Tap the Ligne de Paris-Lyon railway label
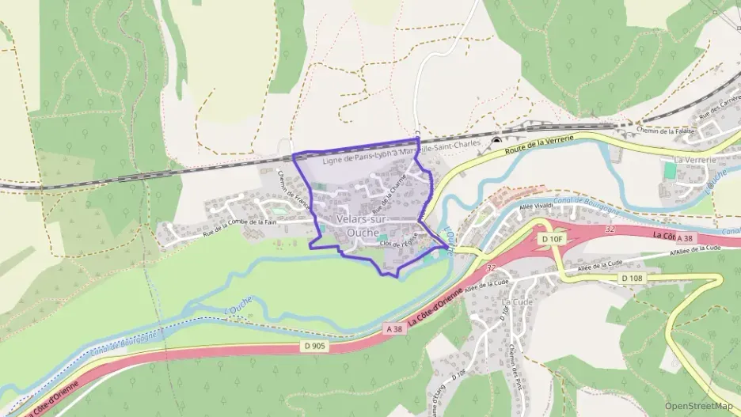402,156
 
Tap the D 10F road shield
552,238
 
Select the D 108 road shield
632,278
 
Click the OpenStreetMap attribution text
698,406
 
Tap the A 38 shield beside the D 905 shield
396,328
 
